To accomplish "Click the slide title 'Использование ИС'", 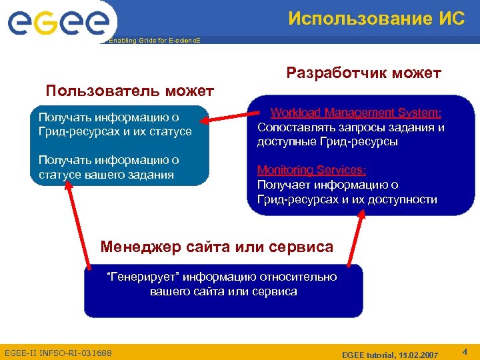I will click(x=377, y=18).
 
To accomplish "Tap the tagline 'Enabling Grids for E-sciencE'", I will click(x=153, y=41).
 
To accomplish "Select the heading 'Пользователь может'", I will click(x=129, y=90).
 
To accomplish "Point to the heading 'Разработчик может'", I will click(x=363, y=72).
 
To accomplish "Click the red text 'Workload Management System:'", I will click(x=356, y=113).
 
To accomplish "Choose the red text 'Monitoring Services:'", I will click(x=311, y=171).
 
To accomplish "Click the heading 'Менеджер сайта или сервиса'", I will click(x=217, y=247).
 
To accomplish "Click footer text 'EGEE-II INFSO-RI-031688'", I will click(x=58, y=352).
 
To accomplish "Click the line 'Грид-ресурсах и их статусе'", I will click(x=115, y=131).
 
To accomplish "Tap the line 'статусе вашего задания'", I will click(x=106, y=175).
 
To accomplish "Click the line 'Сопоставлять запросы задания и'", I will click(x=351, y=127).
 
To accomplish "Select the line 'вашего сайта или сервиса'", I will click(x=223, y=291).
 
